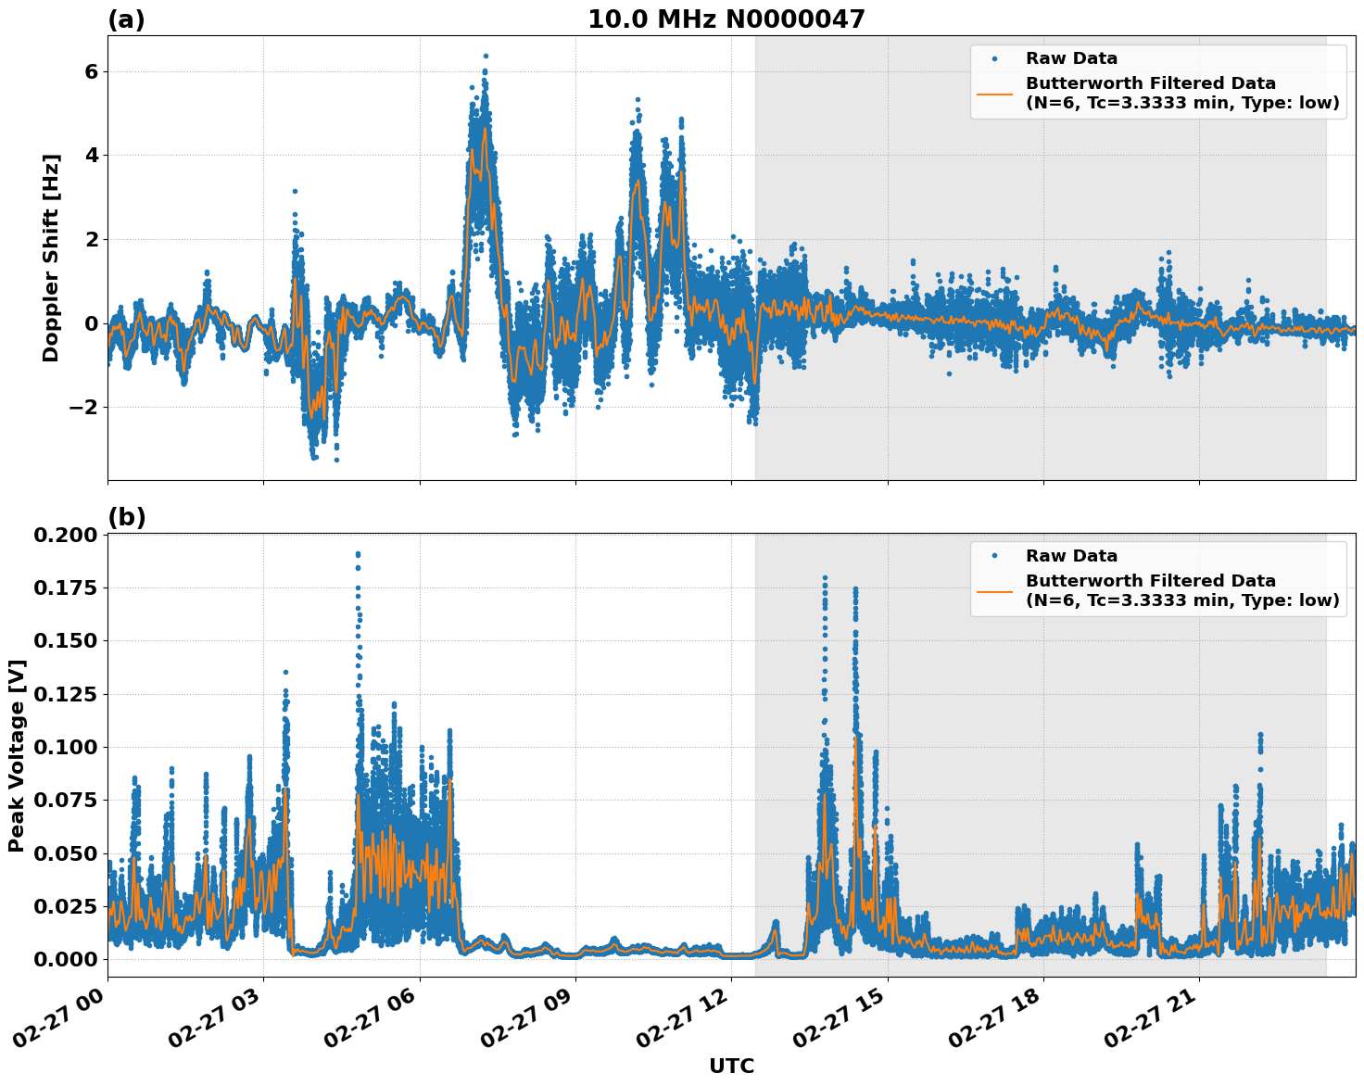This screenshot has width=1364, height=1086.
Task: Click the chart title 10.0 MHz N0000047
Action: (x=726, y=19)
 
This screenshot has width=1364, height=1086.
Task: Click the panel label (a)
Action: (x=126, y=19)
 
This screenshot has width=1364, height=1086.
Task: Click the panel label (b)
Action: (x=126, y=517)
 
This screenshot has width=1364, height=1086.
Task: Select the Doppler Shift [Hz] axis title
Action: (x=51, y=258)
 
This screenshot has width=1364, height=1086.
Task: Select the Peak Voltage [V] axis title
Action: (x=17, y=755)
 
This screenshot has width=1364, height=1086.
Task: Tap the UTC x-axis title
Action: (x=731, y=1067)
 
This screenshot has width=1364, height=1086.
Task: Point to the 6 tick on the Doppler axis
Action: (x=91, y=71)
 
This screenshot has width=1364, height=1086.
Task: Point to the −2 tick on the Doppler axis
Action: (x=84, y=408)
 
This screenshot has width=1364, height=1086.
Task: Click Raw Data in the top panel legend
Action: (x=1071, y=58)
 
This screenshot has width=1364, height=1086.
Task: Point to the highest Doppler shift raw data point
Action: (x=486, y=56)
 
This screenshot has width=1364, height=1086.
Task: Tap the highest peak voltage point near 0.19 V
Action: (x=358, y=554)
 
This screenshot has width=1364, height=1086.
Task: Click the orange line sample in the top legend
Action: (x=995, y=93)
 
